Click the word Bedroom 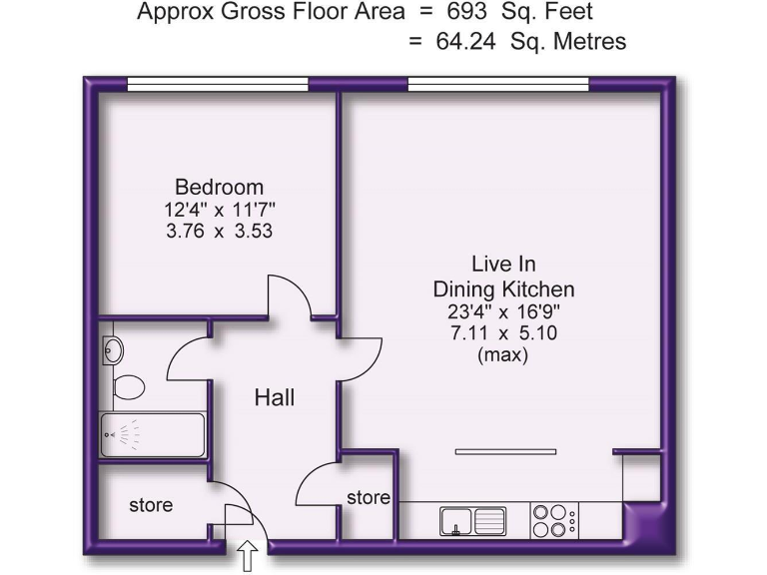pyautogui.click(x=220, y=187)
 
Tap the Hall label pyautogui.click(x=275, y=397)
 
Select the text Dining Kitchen pyautogui.click(x=503, y=289)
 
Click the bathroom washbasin pyautogui.click(x=113, y=350)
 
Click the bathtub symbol pyautogui.click(x=153, y=434)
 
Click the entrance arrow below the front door pyautogui.click(x=248, y=555)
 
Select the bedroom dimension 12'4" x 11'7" pyautogui.click(x=220, y=210)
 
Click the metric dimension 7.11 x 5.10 pyautogui.click(x=503, y=332)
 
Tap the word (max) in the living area pyautogui.click(x=503, y=354)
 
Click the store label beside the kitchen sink pyautogui.click(x=368, y=497)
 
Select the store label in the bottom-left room pyautogui.click(x=151, y=505)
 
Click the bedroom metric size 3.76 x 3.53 pyautogui.click(x=220, y=231)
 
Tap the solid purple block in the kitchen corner pyautogui.click(x=641, y=522)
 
